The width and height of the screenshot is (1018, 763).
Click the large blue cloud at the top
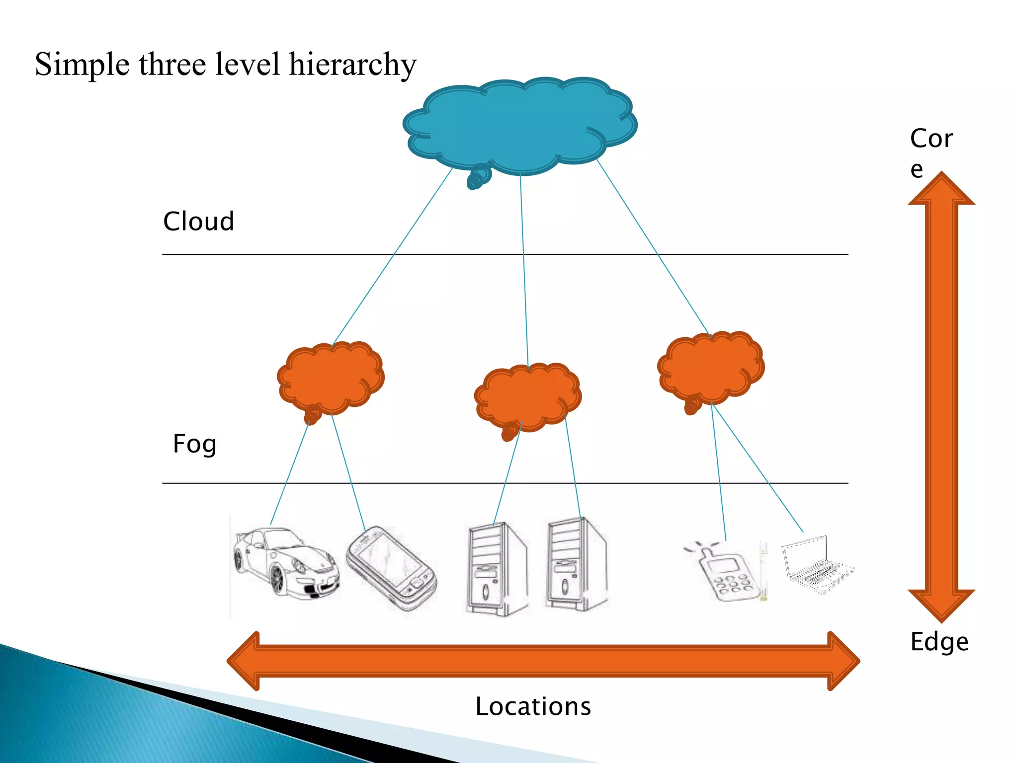coord(519,127)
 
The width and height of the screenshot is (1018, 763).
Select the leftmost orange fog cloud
coord(331,378)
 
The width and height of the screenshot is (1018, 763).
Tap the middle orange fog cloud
coord(527,397)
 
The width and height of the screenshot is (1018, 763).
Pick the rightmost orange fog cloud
coord(711,368)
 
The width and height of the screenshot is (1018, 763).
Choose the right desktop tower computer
coord(577,564)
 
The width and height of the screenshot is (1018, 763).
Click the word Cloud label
coord(198,222)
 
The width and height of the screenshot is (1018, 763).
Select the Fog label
coord(194,444)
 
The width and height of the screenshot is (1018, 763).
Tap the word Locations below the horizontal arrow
coord(533,706)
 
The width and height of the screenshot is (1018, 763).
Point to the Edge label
coord(939,641)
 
